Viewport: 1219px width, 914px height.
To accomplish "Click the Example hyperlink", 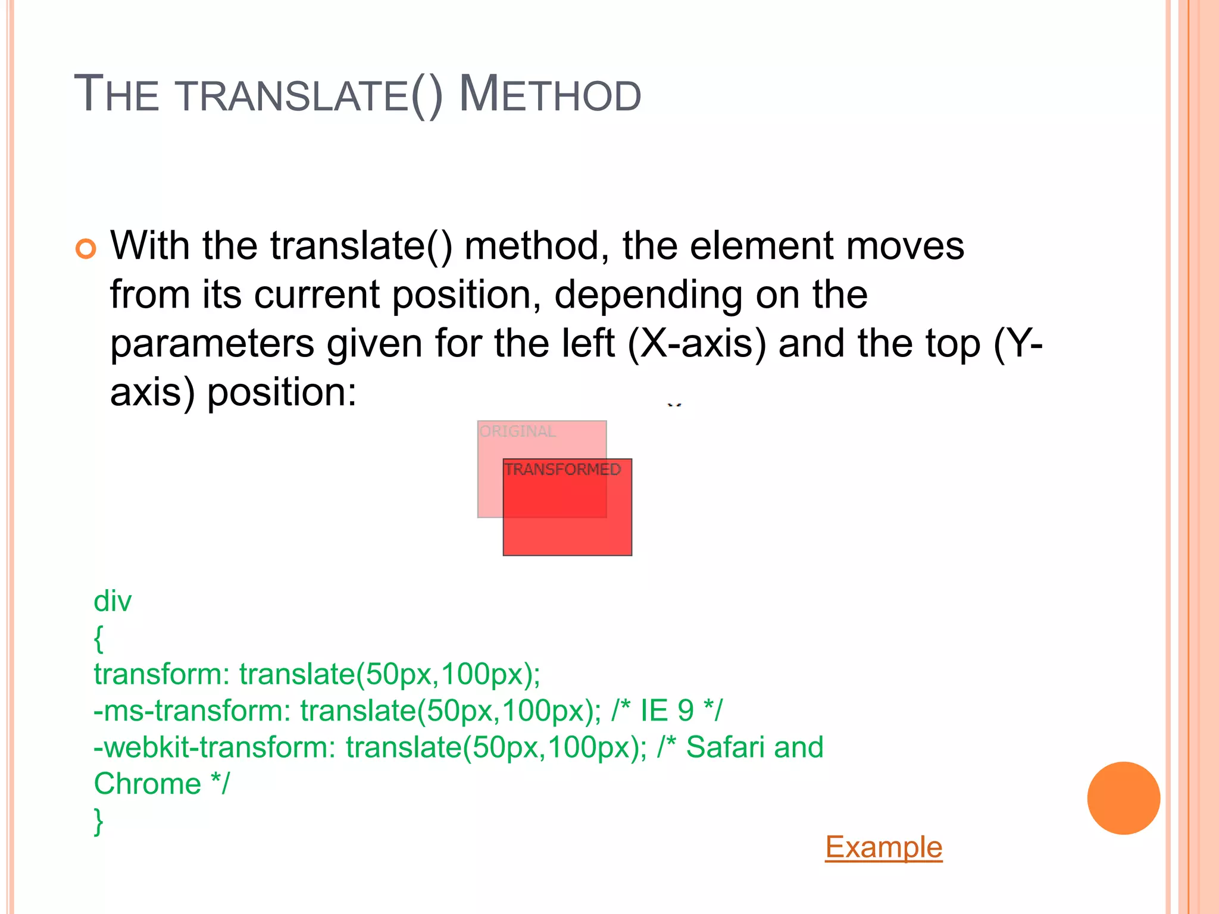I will click(883, 847).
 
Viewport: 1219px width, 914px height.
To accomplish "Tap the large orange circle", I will click(1123, 798).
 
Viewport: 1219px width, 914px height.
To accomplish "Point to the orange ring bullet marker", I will click(86, 248).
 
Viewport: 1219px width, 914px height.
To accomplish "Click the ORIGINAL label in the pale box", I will click(518, 431).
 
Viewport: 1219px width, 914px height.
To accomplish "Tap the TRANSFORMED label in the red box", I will click(562, 469).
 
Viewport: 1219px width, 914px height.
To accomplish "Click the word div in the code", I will click(112, 602).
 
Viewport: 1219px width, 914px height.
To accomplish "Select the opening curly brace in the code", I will click(99, 638).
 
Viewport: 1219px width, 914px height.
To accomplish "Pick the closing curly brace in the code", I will click(99, 821).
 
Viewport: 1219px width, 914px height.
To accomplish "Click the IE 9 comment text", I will click(667, 710).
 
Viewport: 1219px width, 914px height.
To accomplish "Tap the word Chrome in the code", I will click(148, 784).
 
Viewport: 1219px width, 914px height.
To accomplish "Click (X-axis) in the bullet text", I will click(697, 344).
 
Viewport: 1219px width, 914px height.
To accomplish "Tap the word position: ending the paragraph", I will click(282, 393).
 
